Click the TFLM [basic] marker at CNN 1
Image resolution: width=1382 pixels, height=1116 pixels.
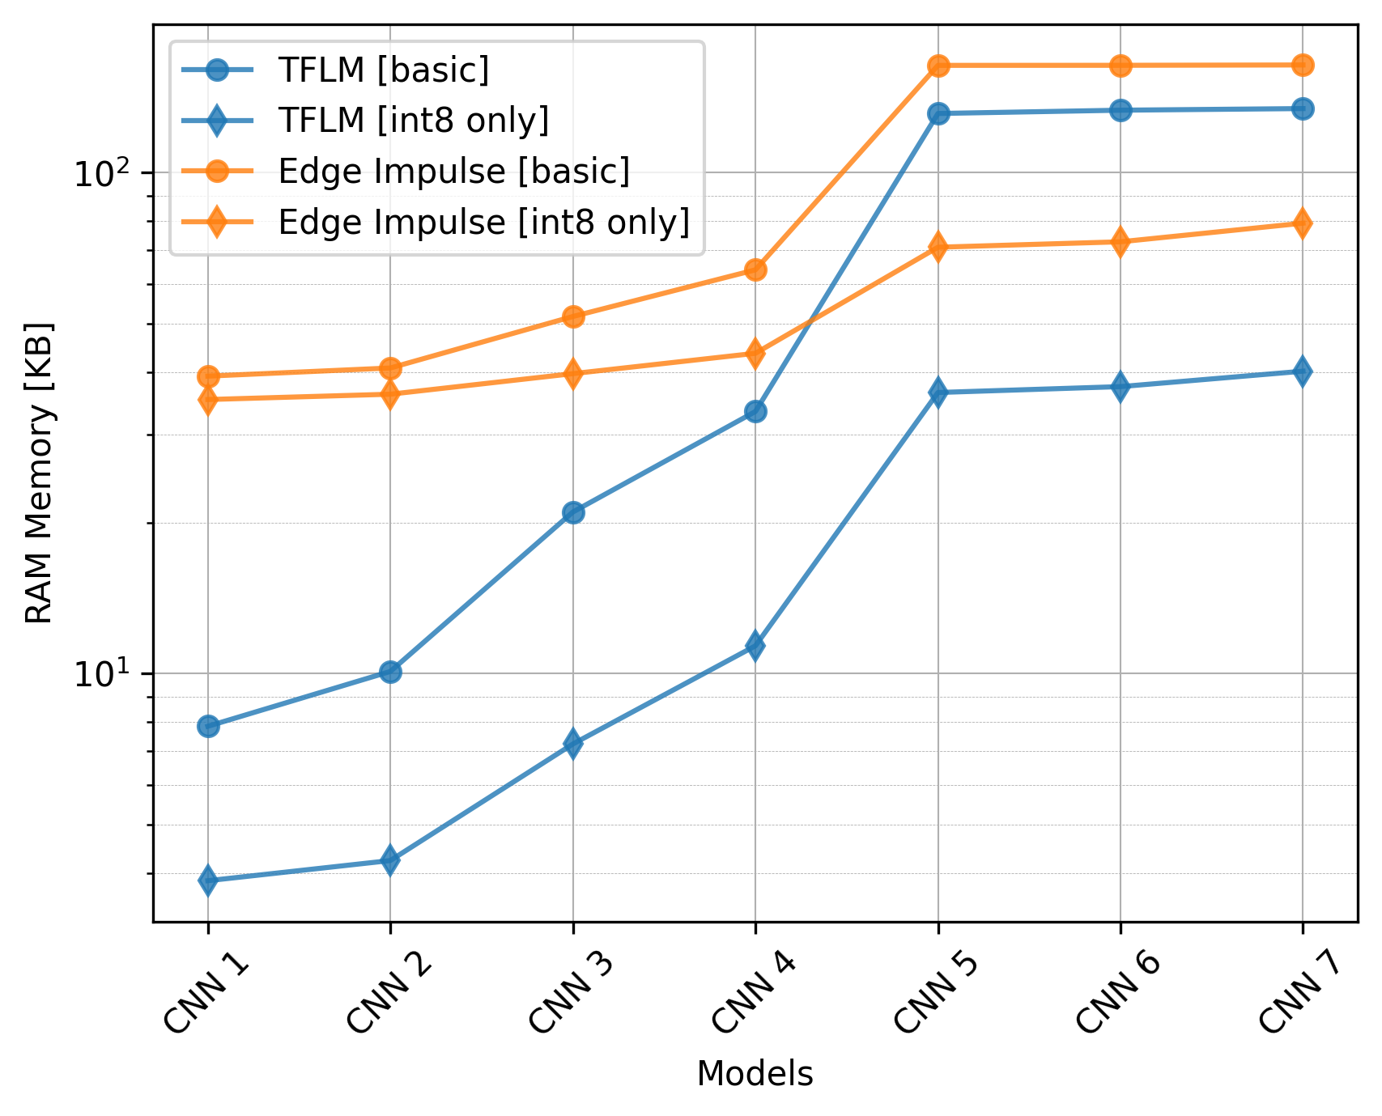(208, 726)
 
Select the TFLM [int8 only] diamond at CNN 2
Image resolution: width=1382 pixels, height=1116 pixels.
(390, 860)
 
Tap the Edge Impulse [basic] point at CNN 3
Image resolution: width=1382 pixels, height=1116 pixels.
(573, 316)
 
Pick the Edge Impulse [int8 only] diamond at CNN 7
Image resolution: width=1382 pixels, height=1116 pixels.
(1303, 223)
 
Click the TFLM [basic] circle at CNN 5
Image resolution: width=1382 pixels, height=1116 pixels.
(938, 113)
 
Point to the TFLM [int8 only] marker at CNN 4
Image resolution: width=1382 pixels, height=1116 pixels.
(755, 646)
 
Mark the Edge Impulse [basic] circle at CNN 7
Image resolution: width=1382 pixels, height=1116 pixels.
(1303, 65)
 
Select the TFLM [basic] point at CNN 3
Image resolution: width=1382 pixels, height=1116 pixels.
(573, 512)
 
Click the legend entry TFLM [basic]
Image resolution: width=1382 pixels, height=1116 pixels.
(383, 70)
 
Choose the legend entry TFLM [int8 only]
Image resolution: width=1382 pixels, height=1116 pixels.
(413, 121)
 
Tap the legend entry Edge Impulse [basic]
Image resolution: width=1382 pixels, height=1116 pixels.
(453, 172)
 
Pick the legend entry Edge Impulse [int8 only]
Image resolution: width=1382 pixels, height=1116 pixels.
(483, 222)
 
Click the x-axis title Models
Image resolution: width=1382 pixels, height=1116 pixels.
(755, 1074)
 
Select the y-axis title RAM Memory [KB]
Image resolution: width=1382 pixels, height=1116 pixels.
(39, 473)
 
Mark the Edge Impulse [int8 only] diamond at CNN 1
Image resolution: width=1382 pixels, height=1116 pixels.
(208, 400)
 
